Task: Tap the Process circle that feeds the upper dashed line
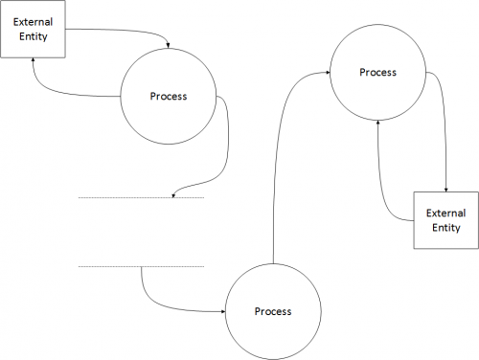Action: click(x=169, y=97)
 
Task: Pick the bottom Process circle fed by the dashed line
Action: click(x=273, y=311)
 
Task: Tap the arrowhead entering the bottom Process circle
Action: click(x=222, y=311)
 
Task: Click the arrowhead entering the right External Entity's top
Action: click(x=445, y=189)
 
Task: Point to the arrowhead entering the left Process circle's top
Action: click(x=169, y=45)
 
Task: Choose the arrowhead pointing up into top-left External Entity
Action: click(x=34, y=60)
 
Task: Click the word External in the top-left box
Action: click(x=32, y=21)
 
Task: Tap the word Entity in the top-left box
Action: click(x=32, y=37)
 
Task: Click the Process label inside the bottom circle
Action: click(x=273, y=312)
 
